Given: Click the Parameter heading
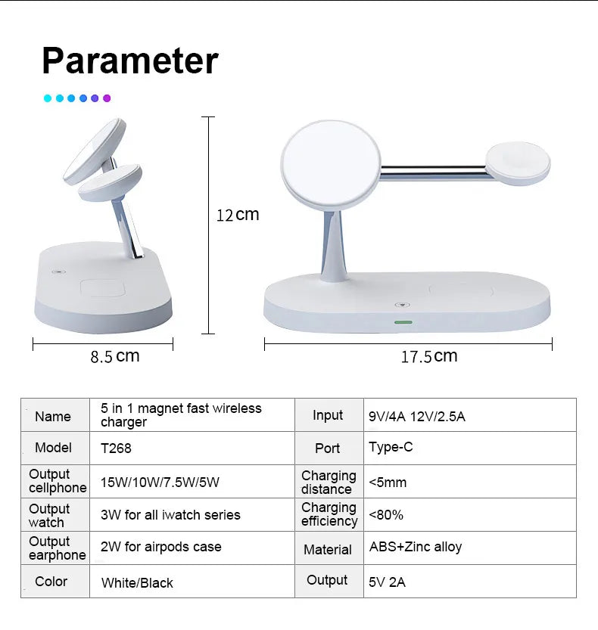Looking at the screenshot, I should coord(129,61).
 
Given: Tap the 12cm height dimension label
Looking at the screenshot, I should coord(238,215).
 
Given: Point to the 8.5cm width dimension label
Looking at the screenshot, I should coord(115,356).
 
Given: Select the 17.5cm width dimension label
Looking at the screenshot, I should coord(428,356).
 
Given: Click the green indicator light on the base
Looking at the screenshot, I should coord(402,322).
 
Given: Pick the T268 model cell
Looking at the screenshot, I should coord(116,448).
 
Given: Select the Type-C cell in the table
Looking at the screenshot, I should coord(391,447).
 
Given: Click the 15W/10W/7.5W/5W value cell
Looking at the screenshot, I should coord(160,482).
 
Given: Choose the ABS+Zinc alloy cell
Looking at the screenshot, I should coord(415,547).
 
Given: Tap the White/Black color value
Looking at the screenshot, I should coord(136,582).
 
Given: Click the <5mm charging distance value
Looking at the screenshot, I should coord(388,482).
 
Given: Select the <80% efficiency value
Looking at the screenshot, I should coord(386,515).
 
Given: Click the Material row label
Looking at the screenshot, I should coord(328,550).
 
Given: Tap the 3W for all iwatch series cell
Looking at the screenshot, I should coord(170,515).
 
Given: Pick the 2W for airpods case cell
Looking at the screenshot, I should coord(160,547).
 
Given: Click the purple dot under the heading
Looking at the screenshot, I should coord(107,98).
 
